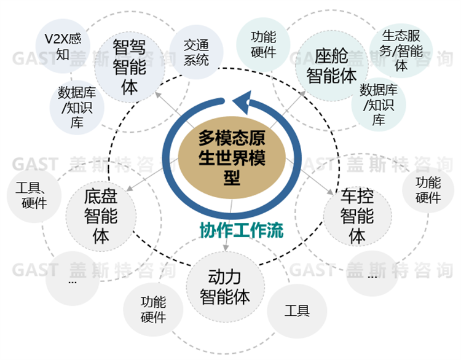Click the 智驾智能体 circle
point(130,67)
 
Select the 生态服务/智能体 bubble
point(401,49)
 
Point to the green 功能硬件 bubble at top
point(264,45)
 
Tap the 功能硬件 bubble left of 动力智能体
point(153,309)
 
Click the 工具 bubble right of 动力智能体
point(297,311)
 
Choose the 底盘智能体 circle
point(101,216)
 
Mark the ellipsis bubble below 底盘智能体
point(73,280)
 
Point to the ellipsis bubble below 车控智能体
point(373,274)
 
